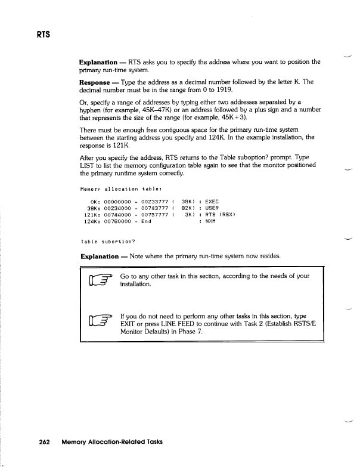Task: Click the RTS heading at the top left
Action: (41, 33)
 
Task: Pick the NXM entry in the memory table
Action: (210, 221)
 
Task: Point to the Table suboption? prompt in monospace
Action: (108, 242)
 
